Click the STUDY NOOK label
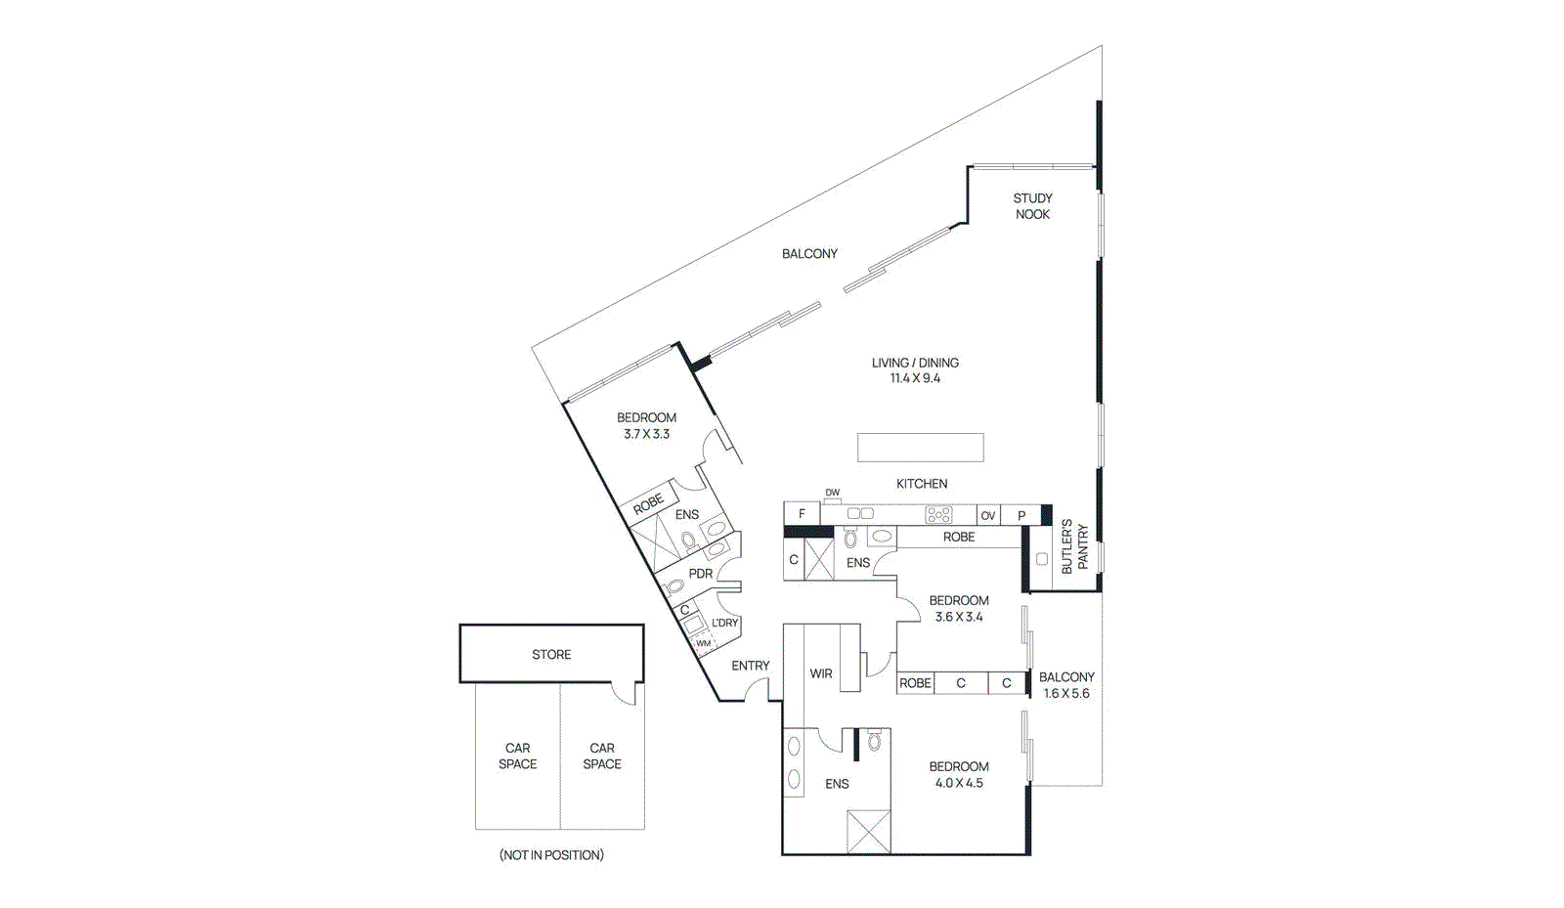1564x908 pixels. coord(1032,206)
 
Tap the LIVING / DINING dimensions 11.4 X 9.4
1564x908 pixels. coord(915,379)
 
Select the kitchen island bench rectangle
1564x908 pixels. coord(920,448)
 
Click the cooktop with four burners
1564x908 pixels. coord(938,514)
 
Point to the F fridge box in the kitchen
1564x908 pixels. coord(802,514)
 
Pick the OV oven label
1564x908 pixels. coord(988,516)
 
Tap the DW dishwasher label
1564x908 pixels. coord(832,493)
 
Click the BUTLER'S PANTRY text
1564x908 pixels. coord(1073,547)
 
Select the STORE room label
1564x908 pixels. coord(551,655)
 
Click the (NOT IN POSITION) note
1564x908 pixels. coord(551,855)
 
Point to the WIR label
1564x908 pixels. coord(821,673)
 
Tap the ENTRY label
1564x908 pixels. coord(751,666)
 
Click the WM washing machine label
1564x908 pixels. coord(703,643)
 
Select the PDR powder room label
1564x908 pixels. coord(700,574)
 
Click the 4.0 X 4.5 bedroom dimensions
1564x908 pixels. coord(959,784)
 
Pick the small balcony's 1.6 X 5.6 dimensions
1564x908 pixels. coord(1066,694)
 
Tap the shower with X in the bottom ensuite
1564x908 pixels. coord(868,832)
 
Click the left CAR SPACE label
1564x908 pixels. coord(517,757)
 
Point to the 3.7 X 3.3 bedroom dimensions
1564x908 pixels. coord(646,434)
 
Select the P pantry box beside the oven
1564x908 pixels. coord(1021,515)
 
